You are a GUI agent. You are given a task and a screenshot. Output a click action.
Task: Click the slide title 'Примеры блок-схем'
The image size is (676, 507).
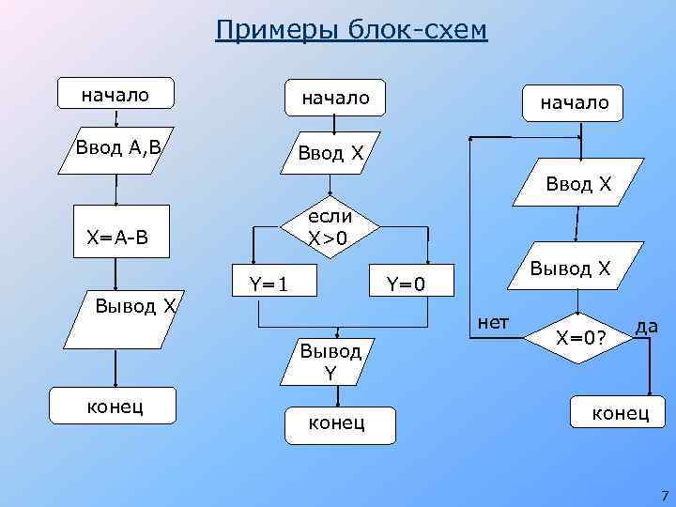click(x=351, y=30)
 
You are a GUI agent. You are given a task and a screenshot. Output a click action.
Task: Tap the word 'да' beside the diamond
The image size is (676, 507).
click(x=646, y=326)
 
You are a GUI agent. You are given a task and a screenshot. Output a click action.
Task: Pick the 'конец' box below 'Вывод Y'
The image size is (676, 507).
click(x=337, y=423)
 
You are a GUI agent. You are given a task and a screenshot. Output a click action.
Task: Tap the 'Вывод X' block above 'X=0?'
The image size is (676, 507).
click(x=570, y=269)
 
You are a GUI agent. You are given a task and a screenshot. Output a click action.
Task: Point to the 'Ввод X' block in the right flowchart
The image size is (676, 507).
click(x=577, y=186)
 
